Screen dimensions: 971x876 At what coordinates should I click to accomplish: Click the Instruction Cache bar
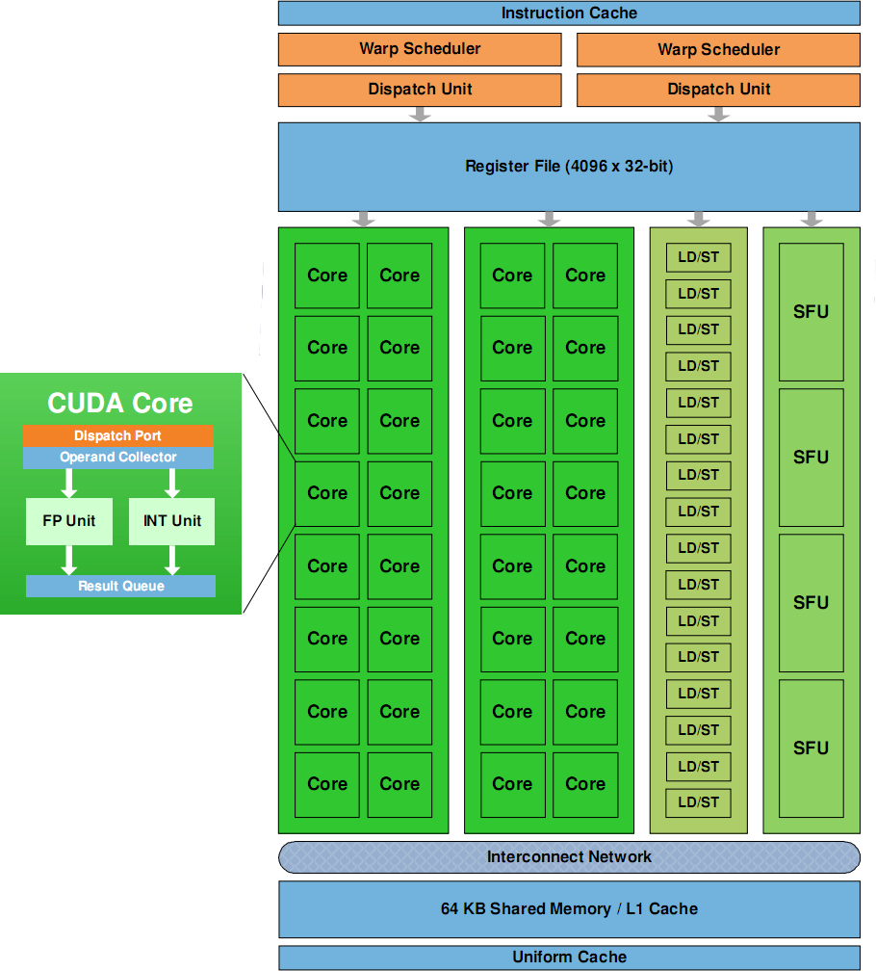pos(569,13)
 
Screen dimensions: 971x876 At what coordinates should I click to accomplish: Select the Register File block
pos(569,167)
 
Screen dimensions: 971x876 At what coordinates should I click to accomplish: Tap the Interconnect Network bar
pos(569,856)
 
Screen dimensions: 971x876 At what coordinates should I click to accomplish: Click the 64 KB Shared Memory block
pos(569,908)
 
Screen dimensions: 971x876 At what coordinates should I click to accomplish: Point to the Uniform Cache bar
pos(569,958)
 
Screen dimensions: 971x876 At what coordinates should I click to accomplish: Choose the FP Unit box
pos(69,521)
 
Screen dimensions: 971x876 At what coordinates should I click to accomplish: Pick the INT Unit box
pos(172,521)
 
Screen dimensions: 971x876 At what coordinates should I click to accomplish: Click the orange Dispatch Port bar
pos(118,436)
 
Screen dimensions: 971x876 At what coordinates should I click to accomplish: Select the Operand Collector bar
pos(118,458)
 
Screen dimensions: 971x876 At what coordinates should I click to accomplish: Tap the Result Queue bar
pos(121,586)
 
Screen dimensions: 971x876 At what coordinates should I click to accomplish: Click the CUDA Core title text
pos(120,404)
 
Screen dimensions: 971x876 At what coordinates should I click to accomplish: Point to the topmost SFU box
pos(811,312)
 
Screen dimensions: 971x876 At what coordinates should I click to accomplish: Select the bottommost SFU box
pos(811,748)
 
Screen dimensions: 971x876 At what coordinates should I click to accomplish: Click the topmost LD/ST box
pos(699,257)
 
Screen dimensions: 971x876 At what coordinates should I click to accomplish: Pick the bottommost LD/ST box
pos(699,802)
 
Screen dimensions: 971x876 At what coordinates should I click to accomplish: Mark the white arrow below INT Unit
pos(173,560)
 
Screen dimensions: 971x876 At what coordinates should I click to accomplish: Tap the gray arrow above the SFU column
pos(812,219)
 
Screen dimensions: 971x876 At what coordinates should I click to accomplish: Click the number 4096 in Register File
pos(586,167)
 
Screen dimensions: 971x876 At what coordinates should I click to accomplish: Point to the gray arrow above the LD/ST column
pos(699,219)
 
